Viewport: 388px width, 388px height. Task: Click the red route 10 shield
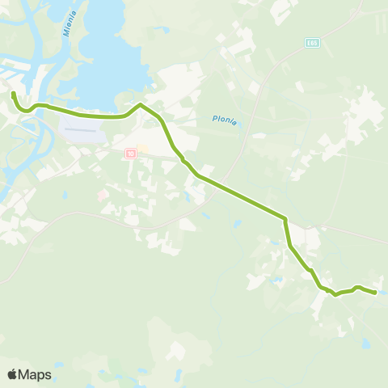tap(129, 153)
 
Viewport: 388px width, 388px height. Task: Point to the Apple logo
tap(13, 374)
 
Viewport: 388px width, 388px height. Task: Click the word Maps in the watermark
tap(36, 374)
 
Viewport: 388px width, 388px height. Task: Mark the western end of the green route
tap(13, 94)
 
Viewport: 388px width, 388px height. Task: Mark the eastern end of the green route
tap(376, 293)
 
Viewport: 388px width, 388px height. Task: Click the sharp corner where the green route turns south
tap(285, 218)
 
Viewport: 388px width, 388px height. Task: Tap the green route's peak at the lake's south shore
tap(141, 105)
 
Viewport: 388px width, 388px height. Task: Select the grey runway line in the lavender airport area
tap(82, 129)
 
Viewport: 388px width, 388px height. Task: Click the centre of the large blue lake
tap(113, 57)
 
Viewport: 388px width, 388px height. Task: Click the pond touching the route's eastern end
tap(381, 292)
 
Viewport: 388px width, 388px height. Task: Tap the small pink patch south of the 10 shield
tap(101, 195)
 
